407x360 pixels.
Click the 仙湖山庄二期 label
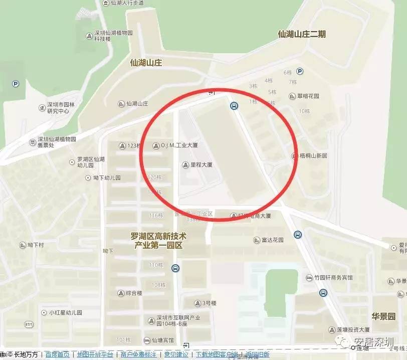click(x=302, y=34)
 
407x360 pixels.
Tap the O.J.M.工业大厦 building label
click(x=179, y=146)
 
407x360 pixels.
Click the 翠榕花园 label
click(x=308, y=96)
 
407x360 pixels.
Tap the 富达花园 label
click(x=272, y=240)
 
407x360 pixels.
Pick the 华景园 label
click(x=383, y=316)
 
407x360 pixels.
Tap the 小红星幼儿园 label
click(x=65, y=312)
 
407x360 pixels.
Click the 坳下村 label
click(x=36, y=245)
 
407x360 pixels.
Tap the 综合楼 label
click(x=134, y=293)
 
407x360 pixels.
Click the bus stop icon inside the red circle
click(x=234, y=106)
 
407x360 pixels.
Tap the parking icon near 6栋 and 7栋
click(x=300, y=71)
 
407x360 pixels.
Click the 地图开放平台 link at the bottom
click(x=95, y=354)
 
